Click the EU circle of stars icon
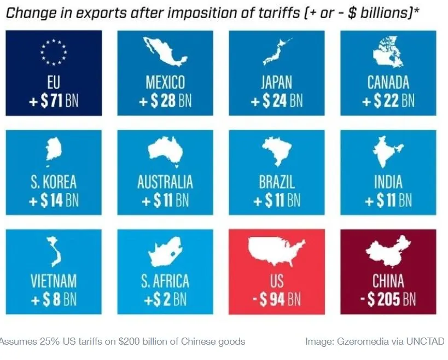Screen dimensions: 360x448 54,50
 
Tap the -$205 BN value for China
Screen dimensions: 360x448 388,299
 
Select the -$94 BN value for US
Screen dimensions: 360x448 276,299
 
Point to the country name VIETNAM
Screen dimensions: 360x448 54,281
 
